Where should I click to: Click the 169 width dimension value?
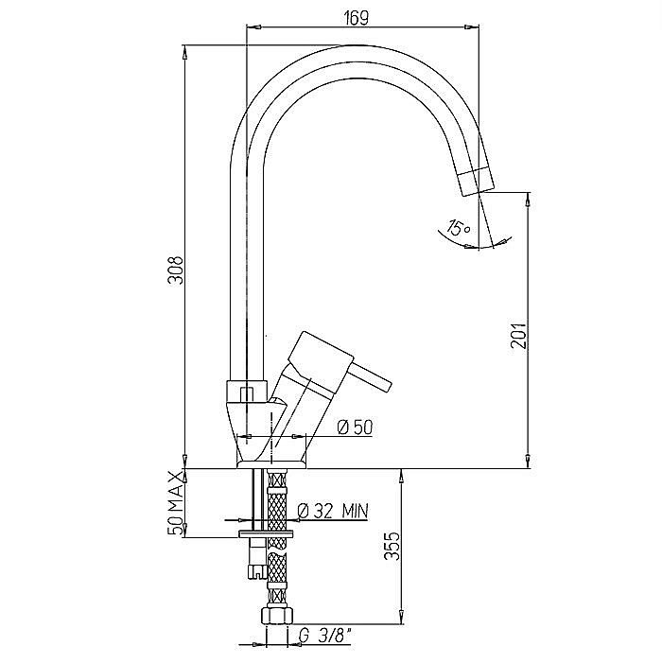[x=356, y=18]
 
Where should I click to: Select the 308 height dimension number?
[x=176, y=270]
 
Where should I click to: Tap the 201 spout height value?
[x=518, y=336]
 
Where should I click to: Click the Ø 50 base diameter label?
[x=355, y=427]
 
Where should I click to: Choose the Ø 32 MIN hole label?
[x=333, y=511]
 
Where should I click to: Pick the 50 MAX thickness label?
[x=176, y=503]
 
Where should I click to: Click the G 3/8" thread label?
[x=324, y=636]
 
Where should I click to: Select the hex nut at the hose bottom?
[x=277, y=615]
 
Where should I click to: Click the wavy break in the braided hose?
[x=277, y=550]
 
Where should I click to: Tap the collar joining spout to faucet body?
[x=247, y=392]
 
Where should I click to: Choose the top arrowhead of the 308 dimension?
[x=184, y=52]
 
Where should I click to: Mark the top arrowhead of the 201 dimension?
[x=528, y=200]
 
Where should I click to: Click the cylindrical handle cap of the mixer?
[x=320, y=362]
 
